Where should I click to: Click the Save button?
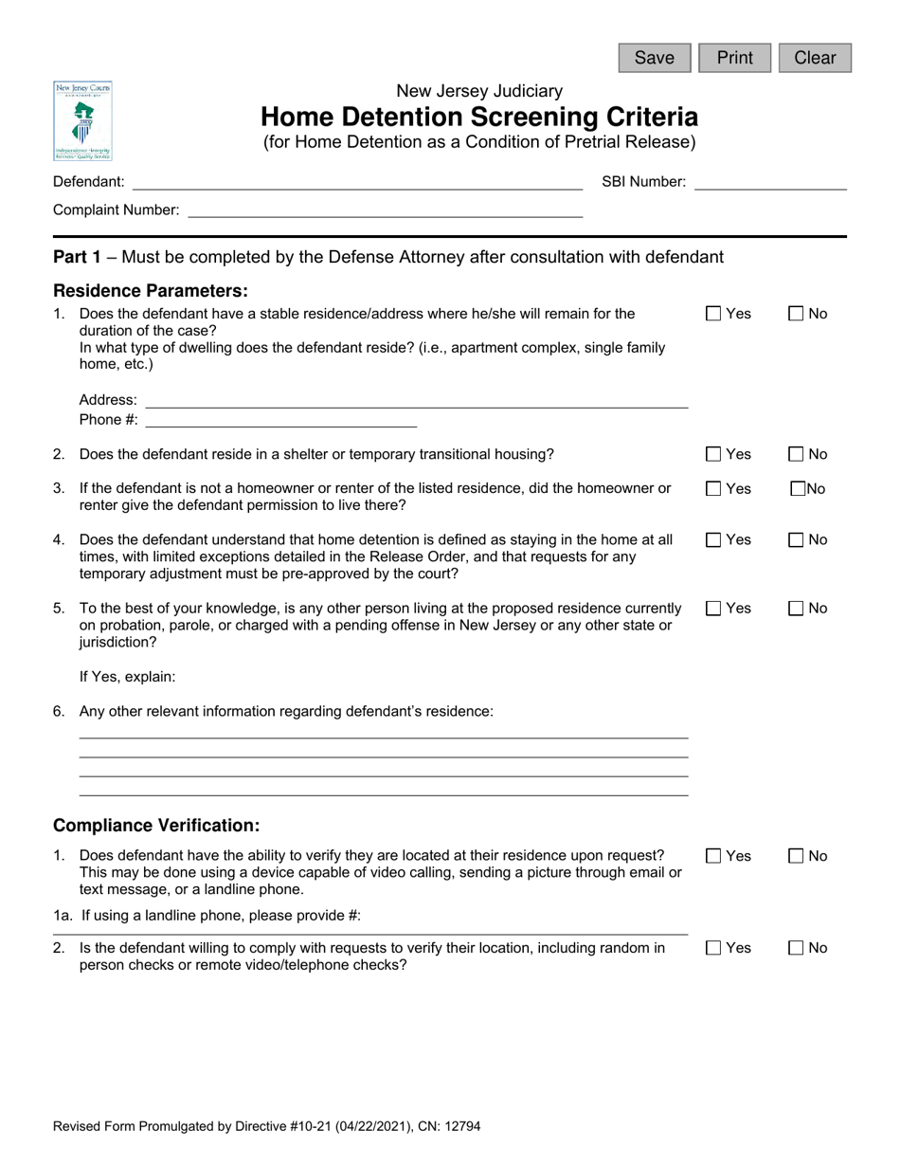point(655,58)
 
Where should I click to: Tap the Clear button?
point(815,58)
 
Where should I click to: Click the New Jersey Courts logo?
point(82,121)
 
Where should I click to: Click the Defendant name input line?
point(357,182)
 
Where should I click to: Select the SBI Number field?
point(770,182)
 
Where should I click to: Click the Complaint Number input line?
point(386,210)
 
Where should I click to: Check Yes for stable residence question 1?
point(714,314)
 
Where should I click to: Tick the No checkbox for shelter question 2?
point(796,455)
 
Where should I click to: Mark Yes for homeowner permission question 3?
point(714,489)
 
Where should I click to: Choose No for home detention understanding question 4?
point(796,540)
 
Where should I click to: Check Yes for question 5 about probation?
point(714,609)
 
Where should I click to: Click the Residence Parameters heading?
point(151,290)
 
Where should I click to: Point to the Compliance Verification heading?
point(156,826)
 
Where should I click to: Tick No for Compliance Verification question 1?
point(796,857)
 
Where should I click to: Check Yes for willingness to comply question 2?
point(714,948)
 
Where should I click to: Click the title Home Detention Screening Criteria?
point(479,118)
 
